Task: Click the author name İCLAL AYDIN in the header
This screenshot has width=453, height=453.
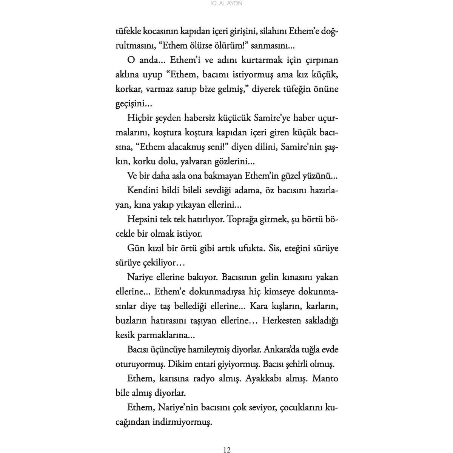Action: (x=226, y=3)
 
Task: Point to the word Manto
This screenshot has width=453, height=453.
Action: (x=326, y=379)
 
